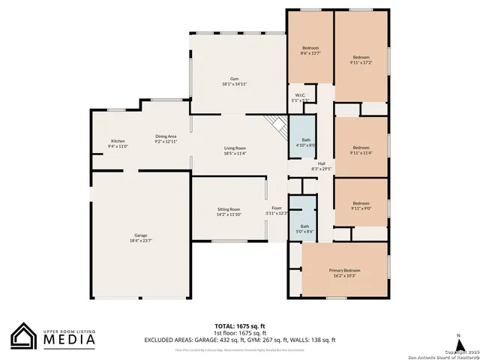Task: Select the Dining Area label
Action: [x=166, y=139]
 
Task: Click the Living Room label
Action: [x=235, y=150]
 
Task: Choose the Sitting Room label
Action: [x=229, y=211]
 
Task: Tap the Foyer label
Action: [x=277, y=211]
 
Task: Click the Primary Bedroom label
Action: [x=345, y=272]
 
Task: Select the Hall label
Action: [x=321, y=166]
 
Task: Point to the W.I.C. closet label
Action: [x=300, y=97]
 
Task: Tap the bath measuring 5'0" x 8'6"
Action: [x=304, y=229]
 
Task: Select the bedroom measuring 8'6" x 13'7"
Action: [x=310, y=50]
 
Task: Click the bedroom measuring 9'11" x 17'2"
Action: [x=361, y=60]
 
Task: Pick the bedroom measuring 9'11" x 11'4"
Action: [x=361, y=149]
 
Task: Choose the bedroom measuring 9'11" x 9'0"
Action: [x=361, y=205]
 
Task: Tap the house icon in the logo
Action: [x=23, y=337]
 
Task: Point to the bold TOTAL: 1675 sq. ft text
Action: [x=239, y=326]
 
